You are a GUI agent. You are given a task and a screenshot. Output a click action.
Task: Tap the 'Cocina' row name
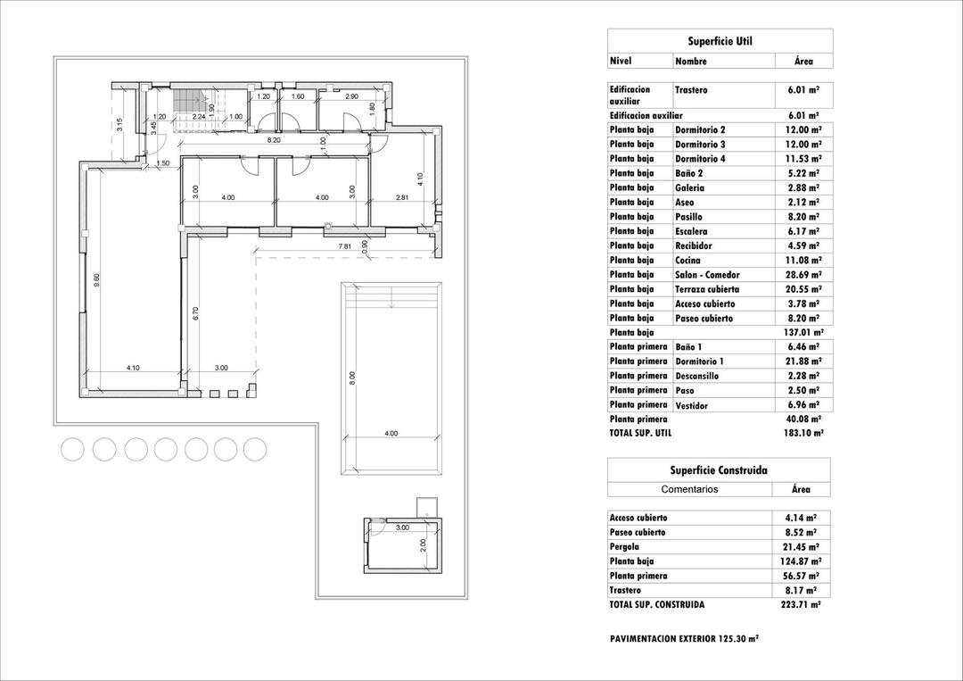pyautogui.click(x=687, y=261)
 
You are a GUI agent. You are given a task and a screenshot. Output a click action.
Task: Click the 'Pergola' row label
pyautogui.click(x=625, y=547)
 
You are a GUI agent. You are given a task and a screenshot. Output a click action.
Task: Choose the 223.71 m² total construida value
pyautogui.click(x=801, y=604)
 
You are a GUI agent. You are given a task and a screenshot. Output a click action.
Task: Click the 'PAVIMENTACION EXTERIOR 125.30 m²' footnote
pyautogui.click(x=684, y=639)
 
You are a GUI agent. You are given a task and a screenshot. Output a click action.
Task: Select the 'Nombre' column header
pyautogui.click(x=691, y=62)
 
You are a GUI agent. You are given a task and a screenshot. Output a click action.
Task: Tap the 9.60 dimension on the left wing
pyautogui.click(x=97, y=278)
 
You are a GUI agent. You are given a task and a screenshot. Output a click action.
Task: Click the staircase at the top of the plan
pyautogui.click(x=188, y=104)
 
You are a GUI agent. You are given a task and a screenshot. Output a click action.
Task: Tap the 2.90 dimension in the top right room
pyautogui.click(x=351, y=96)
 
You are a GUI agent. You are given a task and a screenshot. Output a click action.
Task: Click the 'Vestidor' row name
pyautogui.click(x=691, y=406)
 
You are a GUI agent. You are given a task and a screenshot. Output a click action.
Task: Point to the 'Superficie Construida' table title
pyautogui.click(x=719, y=470)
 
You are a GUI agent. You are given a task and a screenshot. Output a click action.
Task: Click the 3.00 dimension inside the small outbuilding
pyautogui.click(x=402, y=527)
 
